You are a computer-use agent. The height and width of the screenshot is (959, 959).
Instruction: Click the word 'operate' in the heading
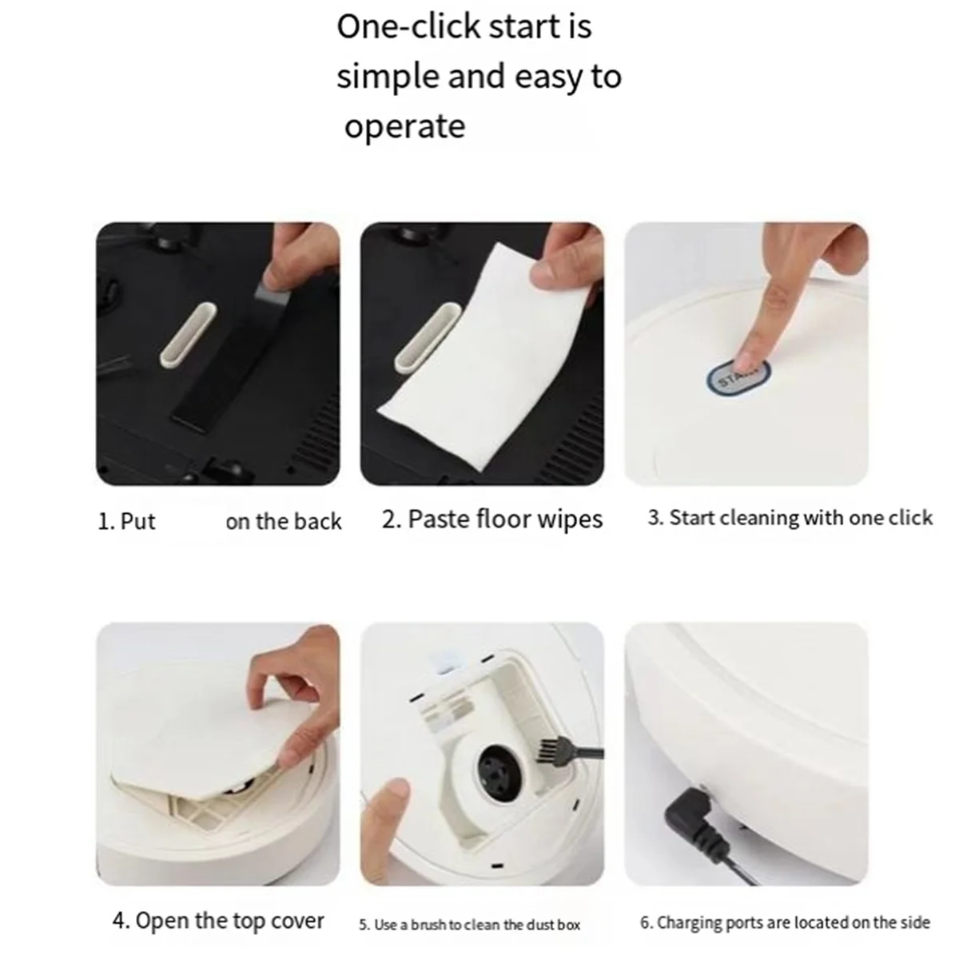(404, 127)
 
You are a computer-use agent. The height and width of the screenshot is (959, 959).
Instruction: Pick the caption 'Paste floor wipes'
(492, 519)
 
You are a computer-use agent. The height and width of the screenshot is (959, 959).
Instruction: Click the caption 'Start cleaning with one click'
(790, 518)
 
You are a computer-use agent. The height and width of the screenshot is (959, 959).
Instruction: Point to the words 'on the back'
(283, 522)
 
